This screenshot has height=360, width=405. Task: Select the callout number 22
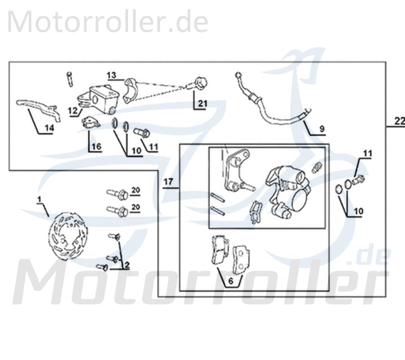(x=399, y=121)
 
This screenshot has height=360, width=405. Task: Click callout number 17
(x=168, y=182)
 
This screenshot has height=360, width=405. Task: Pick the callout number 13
(x=112, y=74)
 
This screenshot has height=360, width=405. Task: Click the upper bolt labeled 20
(x=117, y=194)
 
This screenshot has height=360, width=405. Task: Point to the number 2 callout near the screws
(x=127, y=265)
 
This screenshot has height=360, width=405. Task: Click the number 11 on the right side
(x=368, y=154)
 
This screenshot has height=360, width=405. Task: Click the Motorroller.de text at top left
(x=108, y=22)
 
